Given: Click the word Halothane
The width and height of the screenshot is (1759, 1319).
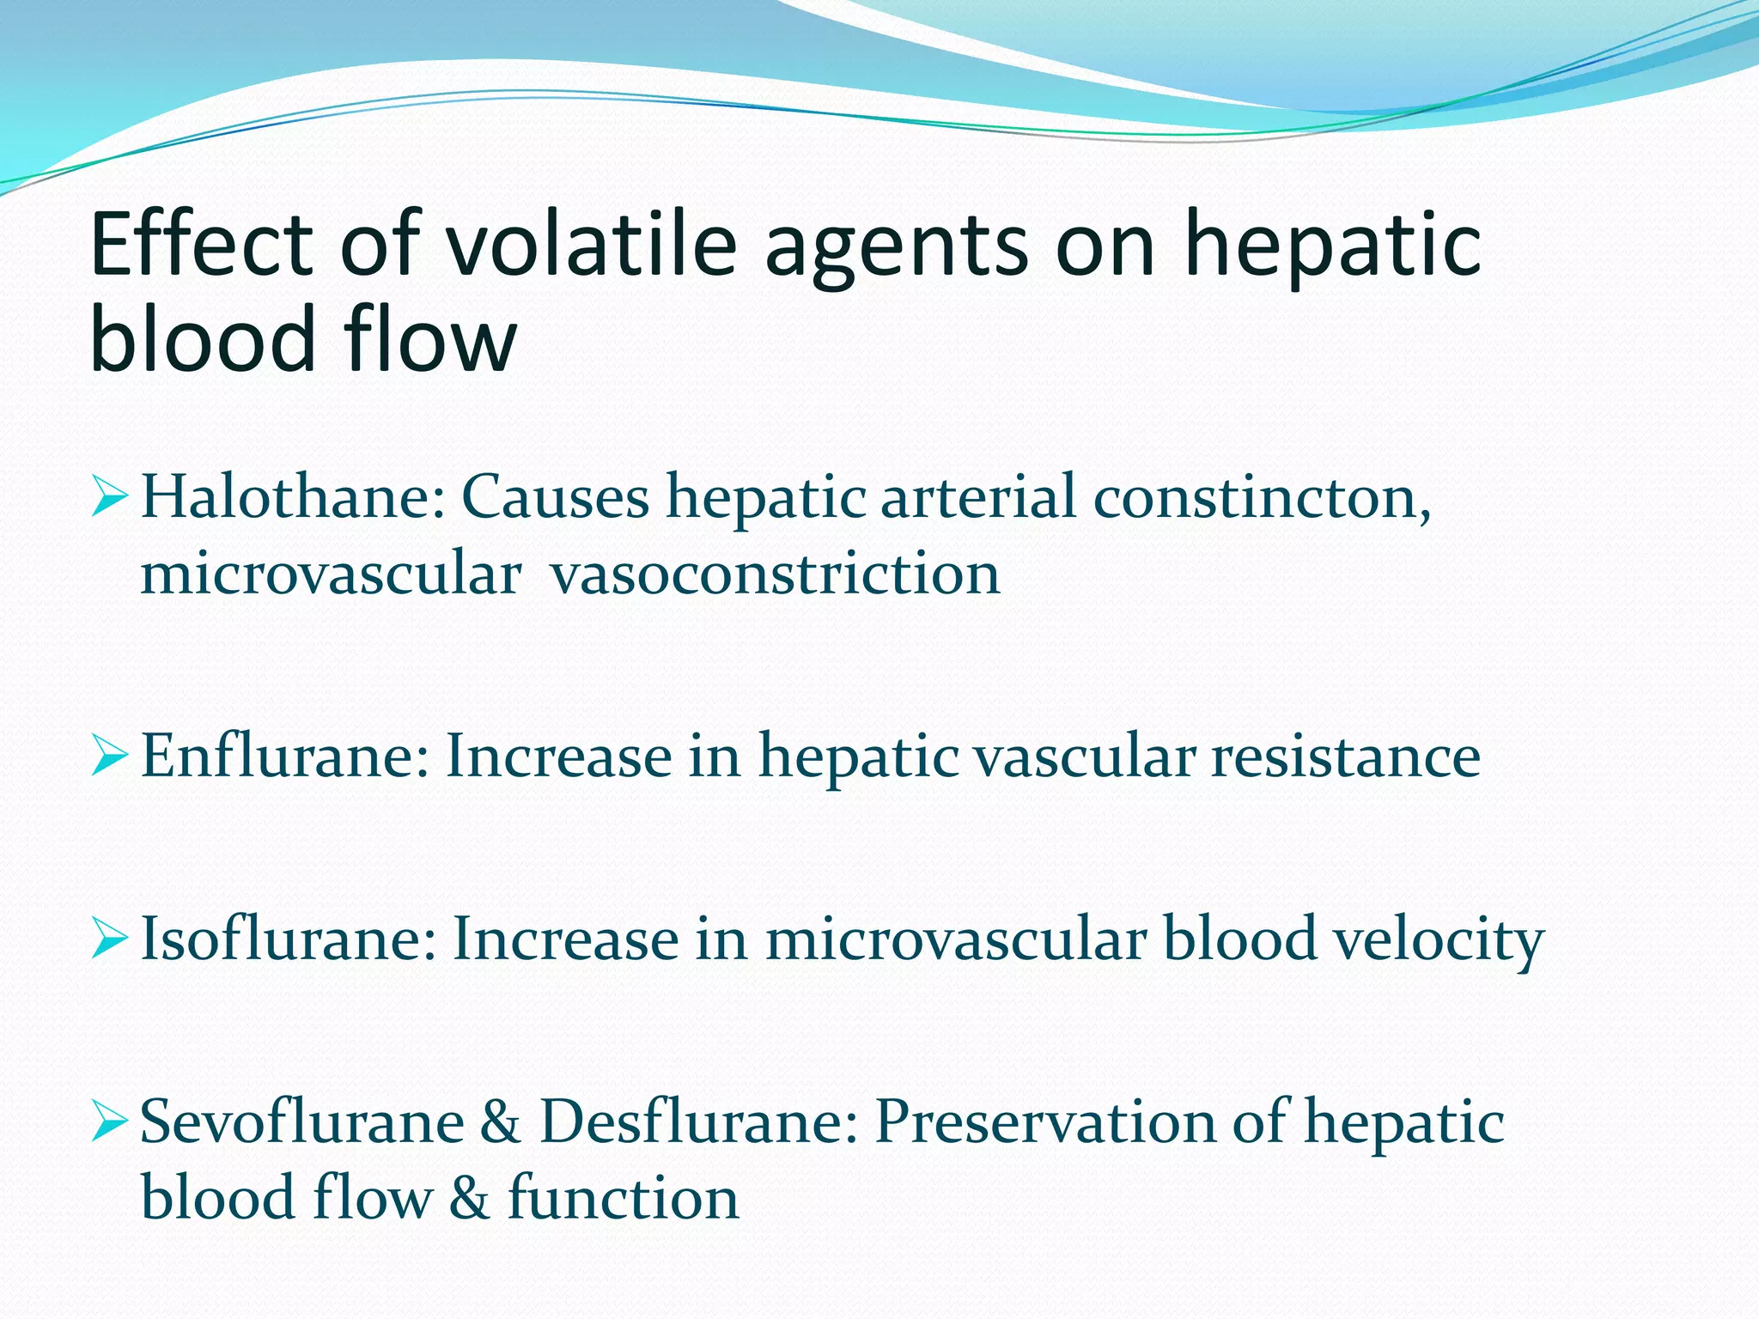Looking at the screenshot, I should [292, 497].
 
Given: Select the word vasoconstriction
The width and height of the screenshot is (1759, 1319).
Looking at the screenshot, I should [776, 574].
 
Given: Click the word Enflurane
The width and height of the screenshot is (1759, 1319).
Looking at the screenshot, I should [283, 757].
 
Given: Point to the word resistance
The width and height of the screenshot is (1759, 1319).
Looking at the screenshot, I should [1346, 757].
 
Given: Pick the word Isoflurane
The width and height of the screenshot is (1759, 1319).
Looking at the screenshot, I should [288, 939].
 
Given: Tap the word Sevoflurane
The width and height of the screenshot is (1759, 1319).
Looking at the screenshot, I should [301, 1121].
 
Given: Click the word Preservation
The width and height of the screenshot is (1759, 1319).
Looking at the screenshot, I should [1044, 1121].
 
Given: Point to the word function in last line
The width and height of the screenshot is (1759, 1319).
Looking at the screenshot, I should [623, 1198].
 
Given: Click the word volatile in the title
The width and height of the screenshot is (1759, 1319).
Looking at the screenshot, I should [591, 245].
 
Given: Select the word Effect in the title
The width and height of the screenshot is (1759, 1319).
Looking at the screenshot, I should [201, 245].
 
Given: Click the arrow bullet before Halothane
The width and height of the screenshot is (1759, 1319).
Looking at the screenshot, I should [110, 499].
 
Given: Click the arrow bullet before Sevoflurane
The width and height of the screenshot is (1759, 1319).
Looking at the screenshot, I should [110, 1123].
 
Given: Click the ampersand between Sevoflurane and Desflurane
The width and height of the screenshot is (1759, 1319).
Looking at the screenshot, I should [501, 1121].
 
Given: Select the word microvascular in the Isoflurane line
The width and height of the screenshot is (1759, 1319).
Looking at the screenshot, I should [956, 939].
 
